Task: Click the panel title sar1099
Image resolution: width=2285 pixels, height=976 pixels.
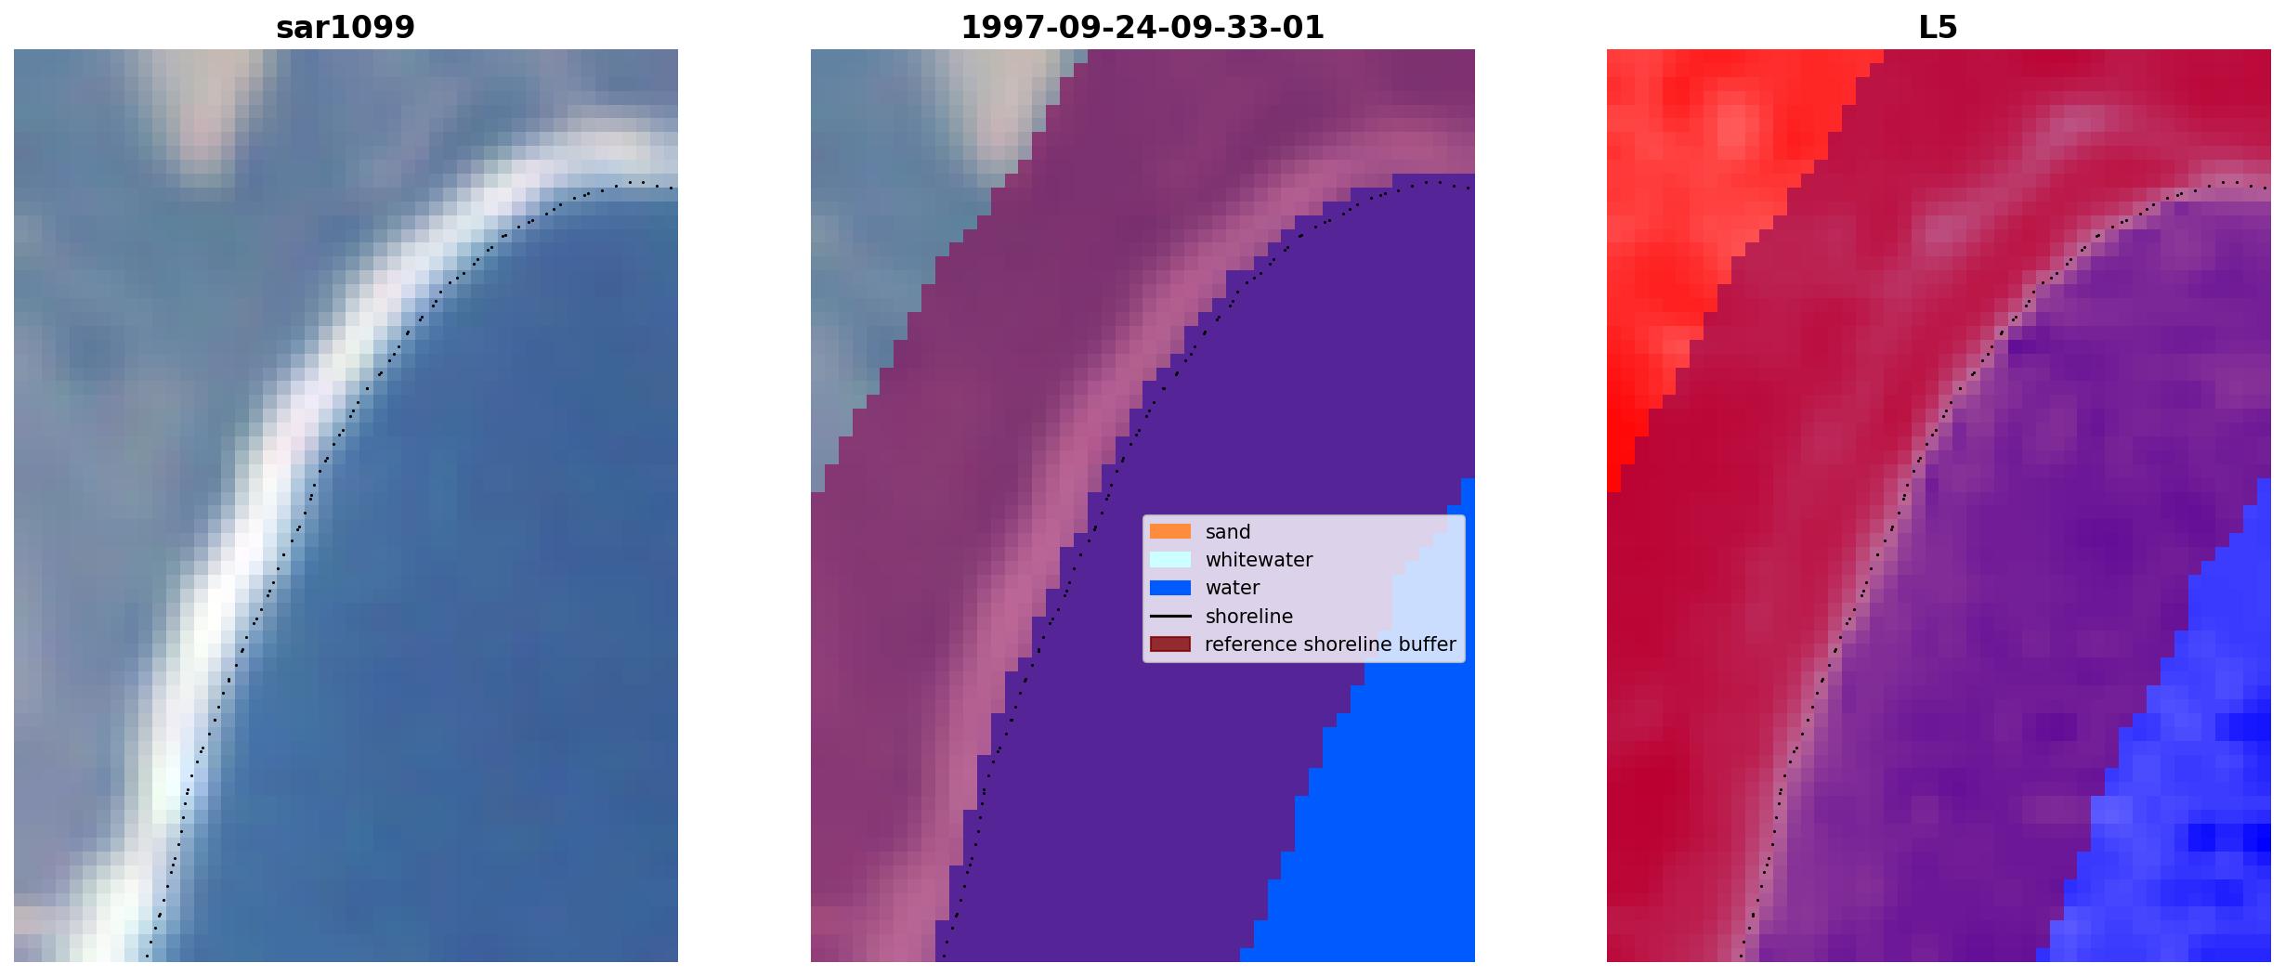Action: [x=346, y=27]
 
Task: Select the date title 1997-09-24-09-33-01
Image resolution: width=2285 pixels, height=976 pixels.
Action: [x=1142, y=27]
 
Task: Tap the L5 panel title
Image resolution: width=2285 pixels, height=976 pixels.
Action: [x=1939, y=27]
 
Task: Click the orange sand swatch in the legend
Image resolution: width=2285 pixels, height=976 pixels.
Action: [x=1170, y=531]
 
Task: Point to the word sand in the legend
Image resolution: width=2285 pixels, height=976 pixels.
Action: [x=1228, y=532]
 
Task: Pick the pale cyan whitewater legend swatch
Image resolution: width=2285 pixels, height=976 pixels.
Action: [x=1170, y=559]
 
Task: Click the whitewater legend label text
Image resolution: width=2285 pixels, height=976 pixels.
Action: [x=1259, y=560]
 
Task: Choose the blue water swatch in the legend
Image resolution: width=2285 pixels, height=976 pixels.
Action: [x=1170, y=587]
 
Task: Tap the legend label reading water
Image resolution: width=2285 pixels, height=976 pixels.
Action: [x=1233, y=588]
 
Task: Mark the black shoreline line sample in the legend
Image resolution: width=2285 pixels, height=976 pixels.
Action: [x=1170, y=616]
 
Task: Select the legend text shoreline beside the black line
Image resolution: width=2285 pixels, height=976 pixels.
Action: [x=1249, y=617]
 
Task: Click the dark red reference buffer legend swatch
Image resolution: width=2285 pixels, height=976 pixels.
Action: [x=1170, y=644]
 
